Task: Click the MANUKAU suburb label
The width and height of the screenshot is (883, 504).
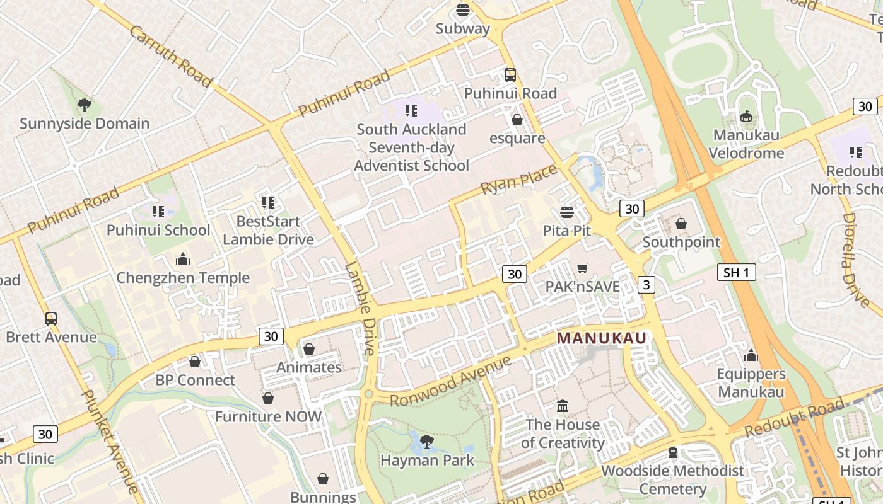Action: (x=602, y=338)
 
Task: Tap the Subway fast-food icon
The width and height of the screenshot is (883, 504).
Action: (x=463, y=10)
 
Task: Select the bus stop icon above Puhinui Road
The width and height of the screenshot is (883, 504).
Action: (x=510, y=75)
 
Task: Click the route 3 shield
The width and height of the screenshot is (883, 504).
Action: (x=646, y=285)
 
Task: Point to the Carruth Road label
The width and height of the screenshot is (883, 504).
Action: (x=170, y=56)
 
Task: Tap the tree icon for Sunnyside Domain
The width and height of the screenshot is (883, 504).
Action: (x=84, y=105)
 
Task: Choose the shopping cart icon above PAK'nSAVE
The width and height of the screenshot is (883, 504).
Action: (x=583, y=268)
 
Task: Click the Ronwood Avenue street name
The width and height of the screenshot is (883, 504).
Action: (x=450, y=381)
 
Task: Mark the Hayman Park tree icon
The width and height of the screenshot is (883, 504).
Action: (x=427, y=441)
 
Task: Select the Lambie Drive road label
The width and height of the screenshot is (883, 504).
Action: (x=360, y=309)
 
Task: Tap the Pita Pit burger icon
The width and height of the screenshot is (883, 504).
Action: (x=567, y=212)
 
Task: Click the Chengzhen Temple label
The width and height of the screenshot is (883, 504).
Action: (x=183, y=278)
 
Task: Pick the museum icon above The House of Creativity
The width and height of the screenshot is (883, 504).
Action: (x=563, y=406)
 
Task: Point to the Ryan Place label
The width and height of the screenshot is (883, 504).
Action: (x=519, y=179)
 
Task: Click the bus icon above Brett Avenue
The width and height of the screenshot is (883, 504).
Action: (x=51, y=319)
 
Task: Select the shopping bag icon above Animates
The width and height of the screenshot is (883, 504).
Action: (x=309, y=349)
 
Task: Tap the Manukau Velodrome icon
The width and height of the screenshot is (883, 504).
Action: (x=746, y=117)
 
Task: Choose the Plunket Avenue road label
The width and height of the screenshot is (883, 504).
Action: (x=110, y=441)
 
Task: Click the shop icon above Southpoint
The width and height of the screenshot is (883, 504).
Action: (x=681, y=224)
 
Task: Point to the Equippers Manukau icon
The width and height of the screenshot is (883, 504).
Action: (x=751, y=356)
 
